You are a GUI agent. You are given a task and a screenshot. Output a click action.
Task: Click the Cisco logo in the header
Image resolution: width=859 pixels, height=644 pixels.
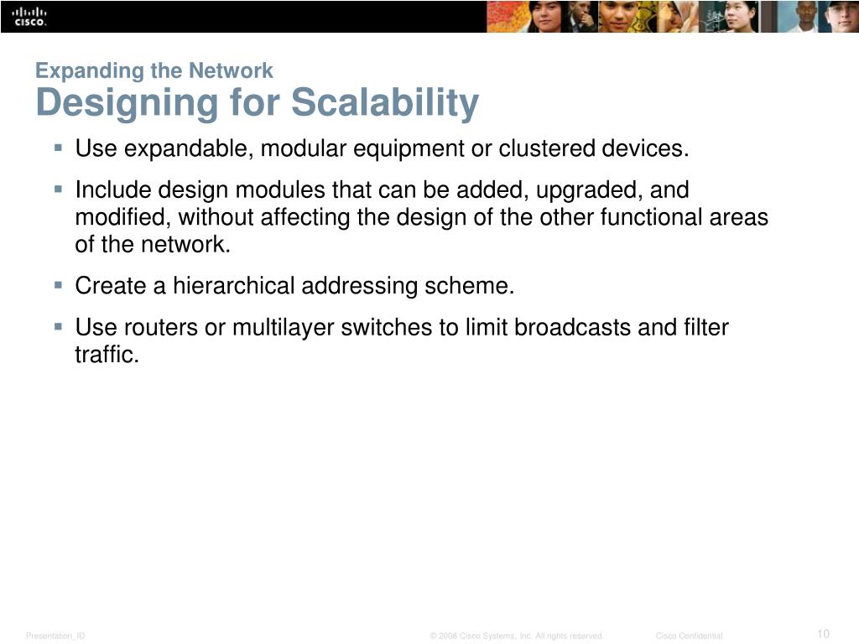[29, 16]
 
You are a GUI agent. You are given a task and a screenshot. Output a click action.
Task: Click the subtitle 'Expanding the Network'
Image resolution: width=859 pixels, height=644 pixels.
[154, 70]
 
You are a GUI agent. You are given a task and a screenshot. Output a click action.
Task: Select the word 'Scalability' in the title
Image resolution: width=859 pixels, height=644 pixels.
[385, 103]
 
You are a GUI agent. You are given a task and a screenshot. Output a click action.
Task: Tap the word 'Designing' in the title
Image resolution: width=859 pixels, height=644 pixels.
[126, 104]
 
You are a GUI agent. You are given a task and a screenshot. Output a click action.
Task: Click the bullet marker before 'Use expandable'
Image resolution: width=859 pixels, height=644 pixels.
[58, 148]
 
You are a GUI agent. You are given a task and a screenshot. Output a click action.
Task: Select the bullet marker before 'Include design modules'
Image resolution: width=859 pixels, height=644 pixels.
[58, 190]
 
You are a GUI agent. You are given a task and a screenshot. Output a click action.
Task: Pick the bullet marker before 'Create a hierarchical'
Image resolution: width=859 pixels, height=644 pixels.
[58, 285]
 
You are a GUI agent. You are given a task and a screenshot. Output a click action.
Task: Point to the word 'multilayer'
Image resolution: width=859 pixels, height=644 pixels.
[284, 327]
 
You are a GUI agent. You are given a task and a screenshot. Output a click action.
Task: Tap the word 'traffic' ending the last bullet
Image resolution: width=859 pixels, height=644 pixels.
[105, 354]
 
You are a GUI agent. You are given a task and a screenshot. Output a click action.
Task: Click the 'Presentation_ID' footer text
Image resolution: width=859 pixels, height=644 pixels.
[55, 636]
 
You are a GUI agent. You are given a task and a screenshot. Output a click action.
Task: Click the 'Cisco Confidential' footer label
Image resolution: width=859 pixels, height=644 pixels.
[689, 636]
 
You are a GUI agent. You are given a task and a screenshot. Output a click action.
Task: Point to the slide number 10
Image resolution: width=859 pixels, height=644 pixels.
[822, 633]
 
